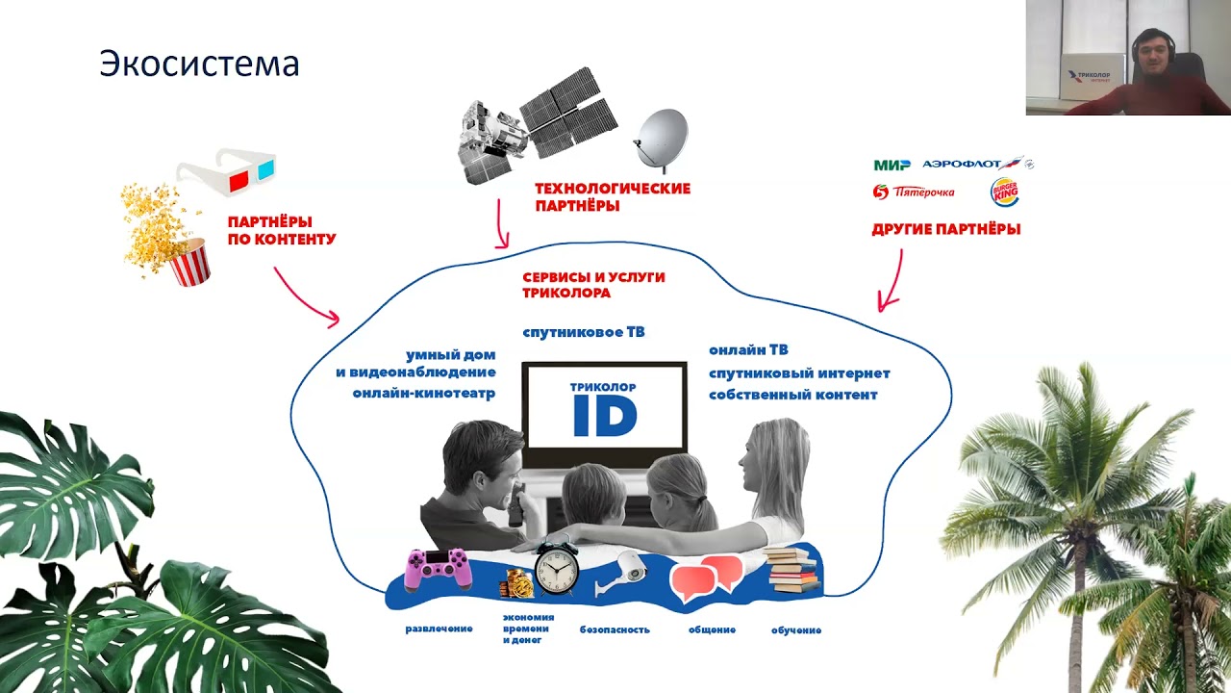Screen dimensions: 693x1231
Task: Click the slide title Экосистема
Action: [199, 64]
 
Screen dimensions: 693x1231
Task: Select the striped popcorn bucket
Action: [189, 263]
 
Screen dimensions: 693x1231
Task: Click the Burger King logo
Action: [1005, 192]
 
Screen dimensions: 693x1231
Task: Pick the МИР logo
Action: [892, 165]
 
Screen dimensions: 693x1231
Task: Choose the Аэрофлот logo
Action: [975, 165]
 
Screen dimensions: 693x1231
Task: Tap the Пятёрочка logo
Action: [914, 192]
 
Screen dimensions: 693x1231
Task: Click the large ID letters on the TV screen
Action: [604, 415]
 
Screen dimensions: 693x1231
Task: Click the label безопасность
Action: [615, 630]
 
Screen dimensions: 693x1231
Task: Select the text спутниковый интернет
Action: [799, 373]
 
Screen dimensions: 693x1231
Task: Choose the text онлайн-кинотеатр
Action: [423, 393]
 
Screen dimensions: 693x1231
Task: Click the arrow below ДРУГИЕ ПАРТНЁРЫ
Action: [892, 280]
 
